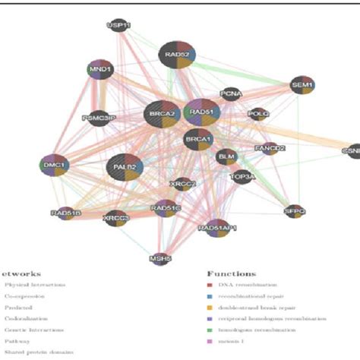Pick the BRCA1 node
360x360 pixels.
(x=197, y=140)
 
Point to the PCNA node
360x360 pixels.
(x=231, y=95)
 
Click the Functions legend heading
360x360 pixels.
(x=231, y=273)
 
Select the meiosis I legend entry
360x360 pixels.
(x=232, y=343)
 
